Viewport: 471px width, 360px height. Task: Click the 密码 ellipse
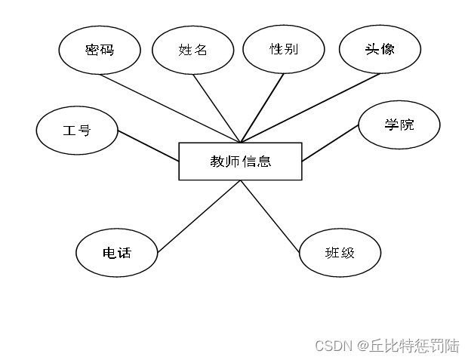point(99,50)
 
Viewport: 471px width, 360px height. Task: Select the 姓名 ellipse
point(192,51)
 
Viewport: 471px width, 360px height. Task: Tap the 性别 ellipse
point(284,50)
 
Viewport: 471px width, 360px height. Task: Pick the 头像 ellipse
point(379,49)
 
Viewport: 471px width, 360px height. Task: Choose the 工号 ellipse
point(76,131)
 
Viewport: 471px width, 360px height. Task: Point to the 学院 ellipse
point(399,125)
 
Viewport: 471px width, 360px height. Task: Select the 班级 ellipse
point(340,253)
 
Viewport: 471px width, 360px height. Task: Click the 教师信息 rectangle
point(240,161)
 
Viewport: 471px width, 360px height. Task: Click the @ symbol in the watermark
point(362,346)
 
